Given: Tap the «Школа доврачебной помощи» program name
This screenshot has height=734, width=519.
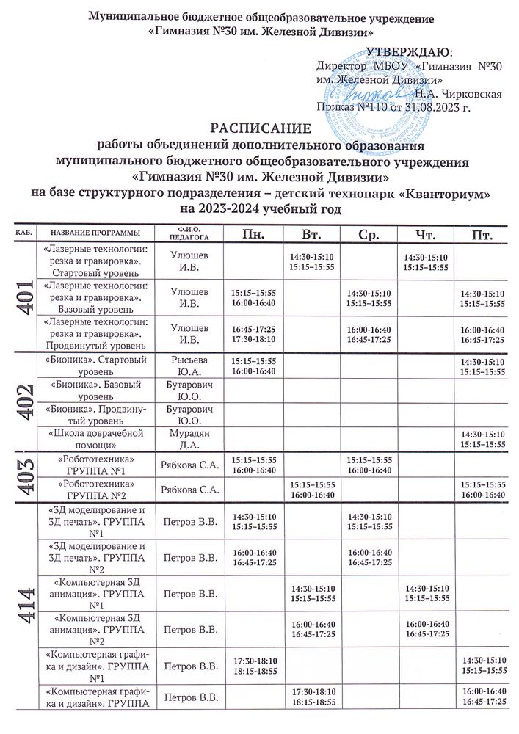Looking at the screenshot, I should point(96,439).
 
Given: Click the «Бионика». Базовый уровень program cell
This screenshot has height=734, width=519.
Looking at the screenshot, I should point(96,390).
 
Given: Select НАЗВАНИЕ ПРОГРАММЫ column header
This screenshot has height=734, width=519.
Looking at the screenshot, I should point(96,233).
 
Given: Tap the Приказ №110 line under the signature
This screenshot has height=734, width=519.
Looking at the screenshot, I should point(392,107).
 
